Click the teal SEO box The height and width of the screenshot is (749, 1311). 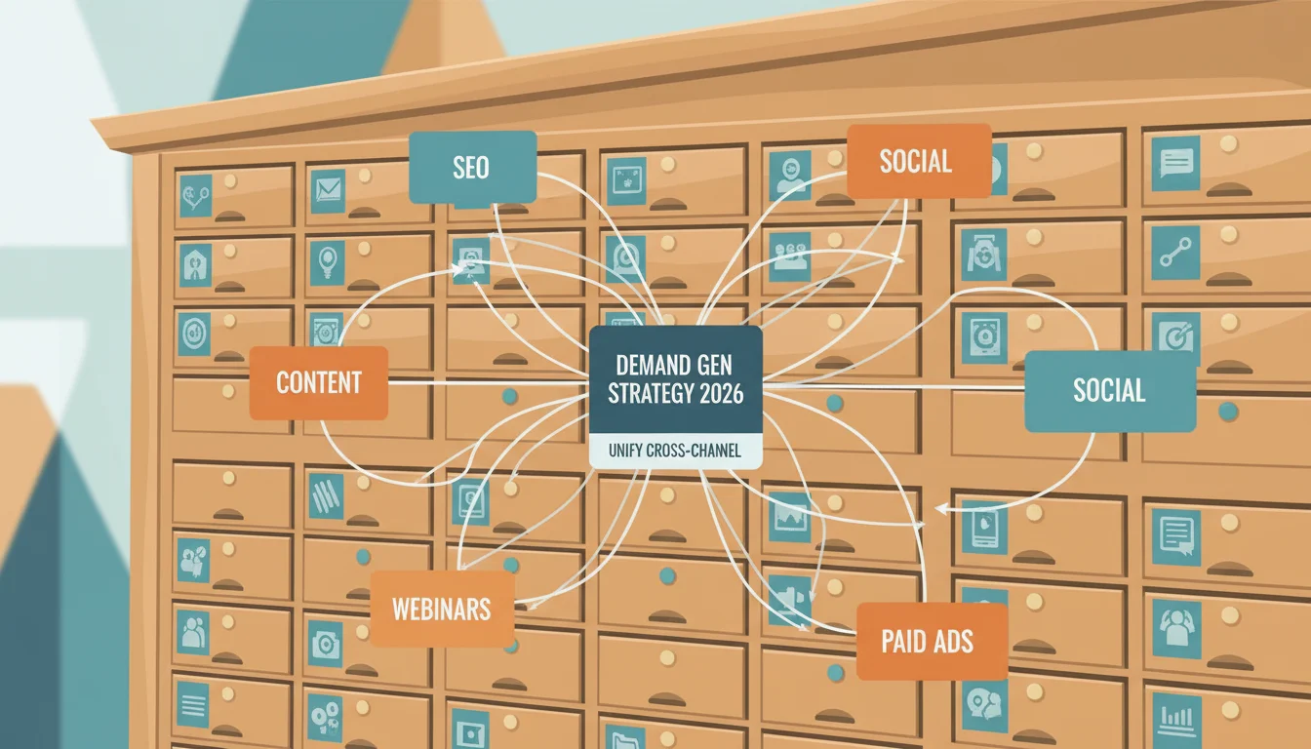(472, 168)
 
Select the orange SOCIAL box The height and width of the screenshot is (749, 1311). (919, 161)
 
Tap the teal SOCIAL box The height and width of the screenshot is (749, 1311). (1110, 391)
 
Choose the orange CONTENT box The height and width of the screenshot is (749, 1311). (318, 382)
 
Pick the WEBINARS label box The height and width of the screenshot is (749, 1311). (442, 610)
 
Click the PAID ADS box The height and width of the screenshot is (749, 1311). (932, 642)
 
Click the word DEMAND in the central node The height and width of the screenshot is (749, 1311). (643, 366)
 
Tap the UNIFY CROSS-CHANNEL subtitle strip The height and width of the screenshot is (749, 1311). (675, 452)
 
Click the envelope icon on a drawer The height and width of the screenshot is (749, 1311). (328, 191)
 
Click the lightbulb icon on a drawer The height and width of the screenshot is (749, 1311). (327, 263)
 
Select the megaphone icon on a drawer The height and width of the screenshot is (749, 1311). (789, 599)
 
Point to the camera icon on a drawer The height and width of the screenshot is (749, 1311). (325, 645)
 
